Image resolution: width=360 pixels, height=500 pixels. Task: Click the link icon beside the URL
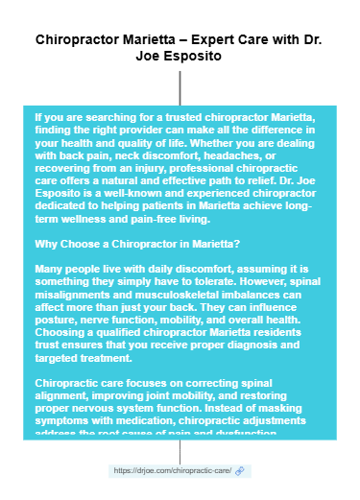(x=240, y=470)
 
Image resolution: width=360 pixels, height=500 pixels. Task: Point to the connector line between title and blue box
(x=180, y=83)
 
